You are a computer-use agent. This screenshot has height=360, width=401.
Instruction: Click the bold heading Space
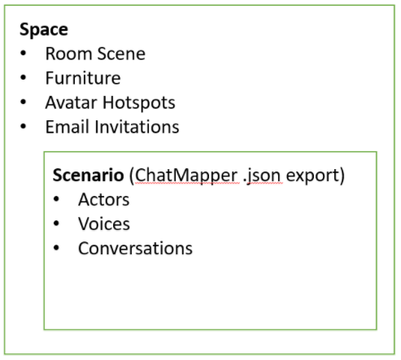44,30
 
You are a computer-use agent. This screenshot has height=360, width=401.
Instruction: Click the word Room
69,54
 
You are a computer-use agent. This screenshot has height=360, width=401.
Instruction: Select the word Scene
121,54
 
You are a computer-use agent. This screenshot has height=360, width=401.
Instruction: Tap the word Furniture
83,78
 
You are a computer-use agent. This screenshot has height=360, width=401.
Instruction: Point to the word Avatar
72,102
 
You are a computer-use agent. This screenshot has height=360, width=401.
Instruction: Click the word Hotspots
139,103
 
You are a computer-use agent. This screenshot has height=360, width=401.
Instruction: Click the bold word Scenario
89,175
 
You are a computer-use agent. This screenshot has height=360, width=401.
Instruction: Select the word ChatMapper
187,176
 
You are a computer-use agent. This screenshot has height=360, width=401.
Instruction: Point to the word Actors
104,200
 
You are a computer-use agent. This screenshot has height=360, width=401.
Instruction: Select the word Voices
104,224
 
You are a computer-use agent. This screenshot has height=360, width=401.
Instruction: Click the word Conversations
135,249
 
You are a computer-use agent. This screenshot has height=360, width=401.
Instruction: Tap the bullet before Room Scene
24,53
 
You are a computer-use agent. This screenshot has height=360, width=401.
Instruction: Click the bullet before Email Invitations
24,126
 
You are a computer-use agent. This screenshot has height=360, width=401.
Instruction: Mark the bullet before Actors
56,199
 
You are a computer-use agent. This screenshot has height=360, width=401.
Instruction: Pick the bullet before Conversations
56,248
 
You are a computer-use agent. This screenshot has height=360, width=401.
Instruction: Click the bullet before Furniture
24,77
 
